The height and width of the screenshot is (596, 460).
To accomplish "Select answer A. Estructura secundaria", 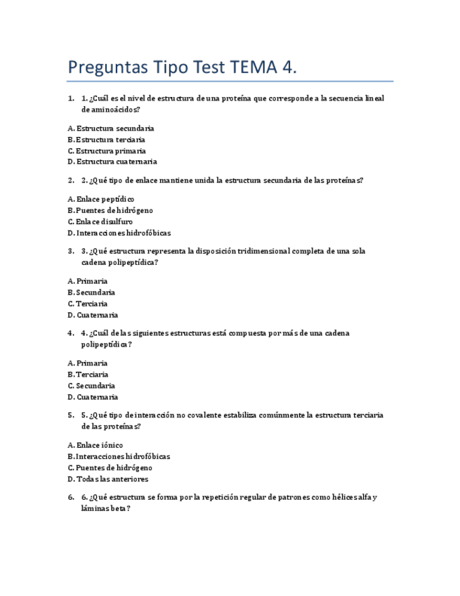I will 111,128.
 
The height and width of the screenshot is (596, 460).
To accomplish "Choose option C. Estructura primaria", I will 107,150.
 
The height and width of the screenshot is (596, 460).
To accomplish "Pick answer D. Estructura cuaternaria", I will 112,162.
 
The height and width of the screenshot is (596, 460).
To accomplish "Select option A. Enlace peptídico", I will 100,199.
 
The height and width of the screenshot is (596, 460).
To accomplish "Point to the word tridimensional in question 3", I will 263,251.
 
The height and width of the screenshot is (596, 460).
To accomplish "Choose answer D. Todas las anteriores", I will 107,479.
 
